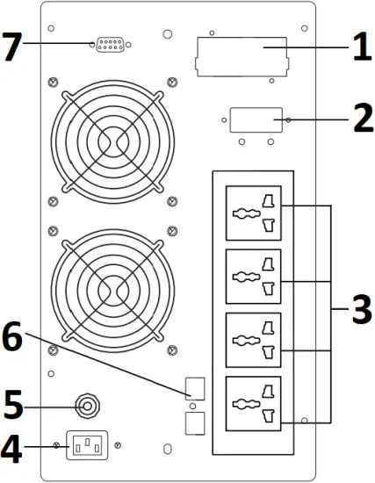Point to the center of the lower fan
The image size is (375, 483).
tap(110, 289)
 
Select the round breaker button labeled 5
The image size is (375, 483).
tap(87, 407)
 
